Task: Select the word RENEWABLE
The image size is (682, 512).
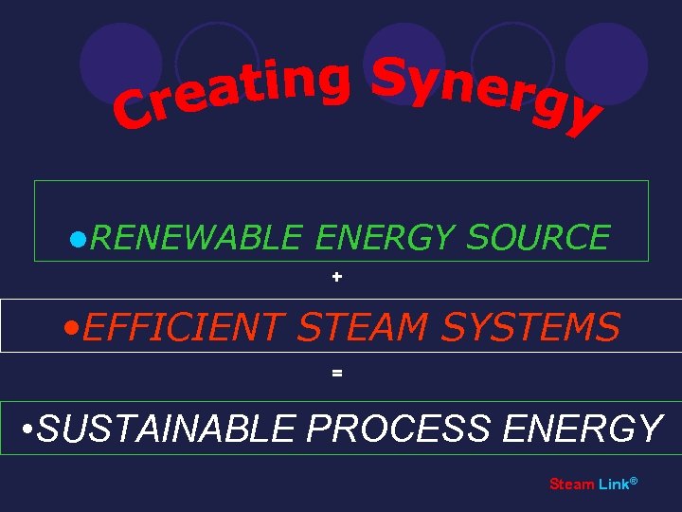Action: pos(197,237)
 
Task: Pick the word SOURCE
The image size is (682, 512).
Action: pos(537,237)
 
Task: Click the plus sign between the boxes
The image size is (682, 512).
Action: pos(337,278)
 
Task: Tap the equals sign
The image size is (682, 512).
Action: pos(337,374)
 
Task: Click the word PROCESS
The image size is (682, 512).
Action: pos(398,429)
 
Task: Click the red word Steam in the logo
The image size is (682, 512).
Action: pos(572,485)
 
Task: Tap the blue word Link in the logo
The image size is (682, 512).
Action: pos(613,485)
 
